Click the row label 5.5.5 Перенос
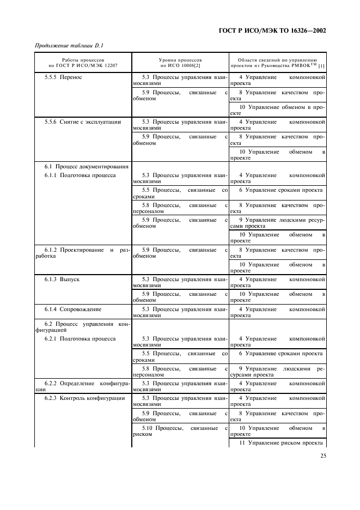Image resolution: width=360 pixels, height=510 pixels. click(x=63, y=77)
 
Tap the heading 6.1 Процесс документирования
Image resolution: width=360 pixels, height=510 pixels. click(x=86, y=166)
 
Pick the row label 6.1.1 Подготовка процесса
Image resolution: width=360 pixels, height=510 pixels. click(x=80, y=175)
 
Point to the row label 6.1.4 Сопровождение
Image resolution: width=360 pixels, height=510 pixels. click(x=73, y=309)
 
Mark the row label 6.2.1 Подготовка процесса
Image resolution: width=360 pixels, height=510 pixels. click(x=80, y=338)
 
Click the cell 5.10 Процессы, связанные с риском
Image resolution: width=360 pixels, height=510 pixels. click(x=180, y=430)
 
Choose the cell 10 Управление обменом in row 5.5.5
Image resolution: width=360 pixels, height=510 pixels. click(x=278, y=110)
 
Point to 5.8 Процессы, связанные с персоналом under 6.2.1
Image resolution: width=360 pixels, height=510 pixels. click(x=180, y=372)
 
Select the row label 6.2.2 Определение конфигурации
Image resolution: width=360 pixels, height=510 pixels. click(x=82, y=386)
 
